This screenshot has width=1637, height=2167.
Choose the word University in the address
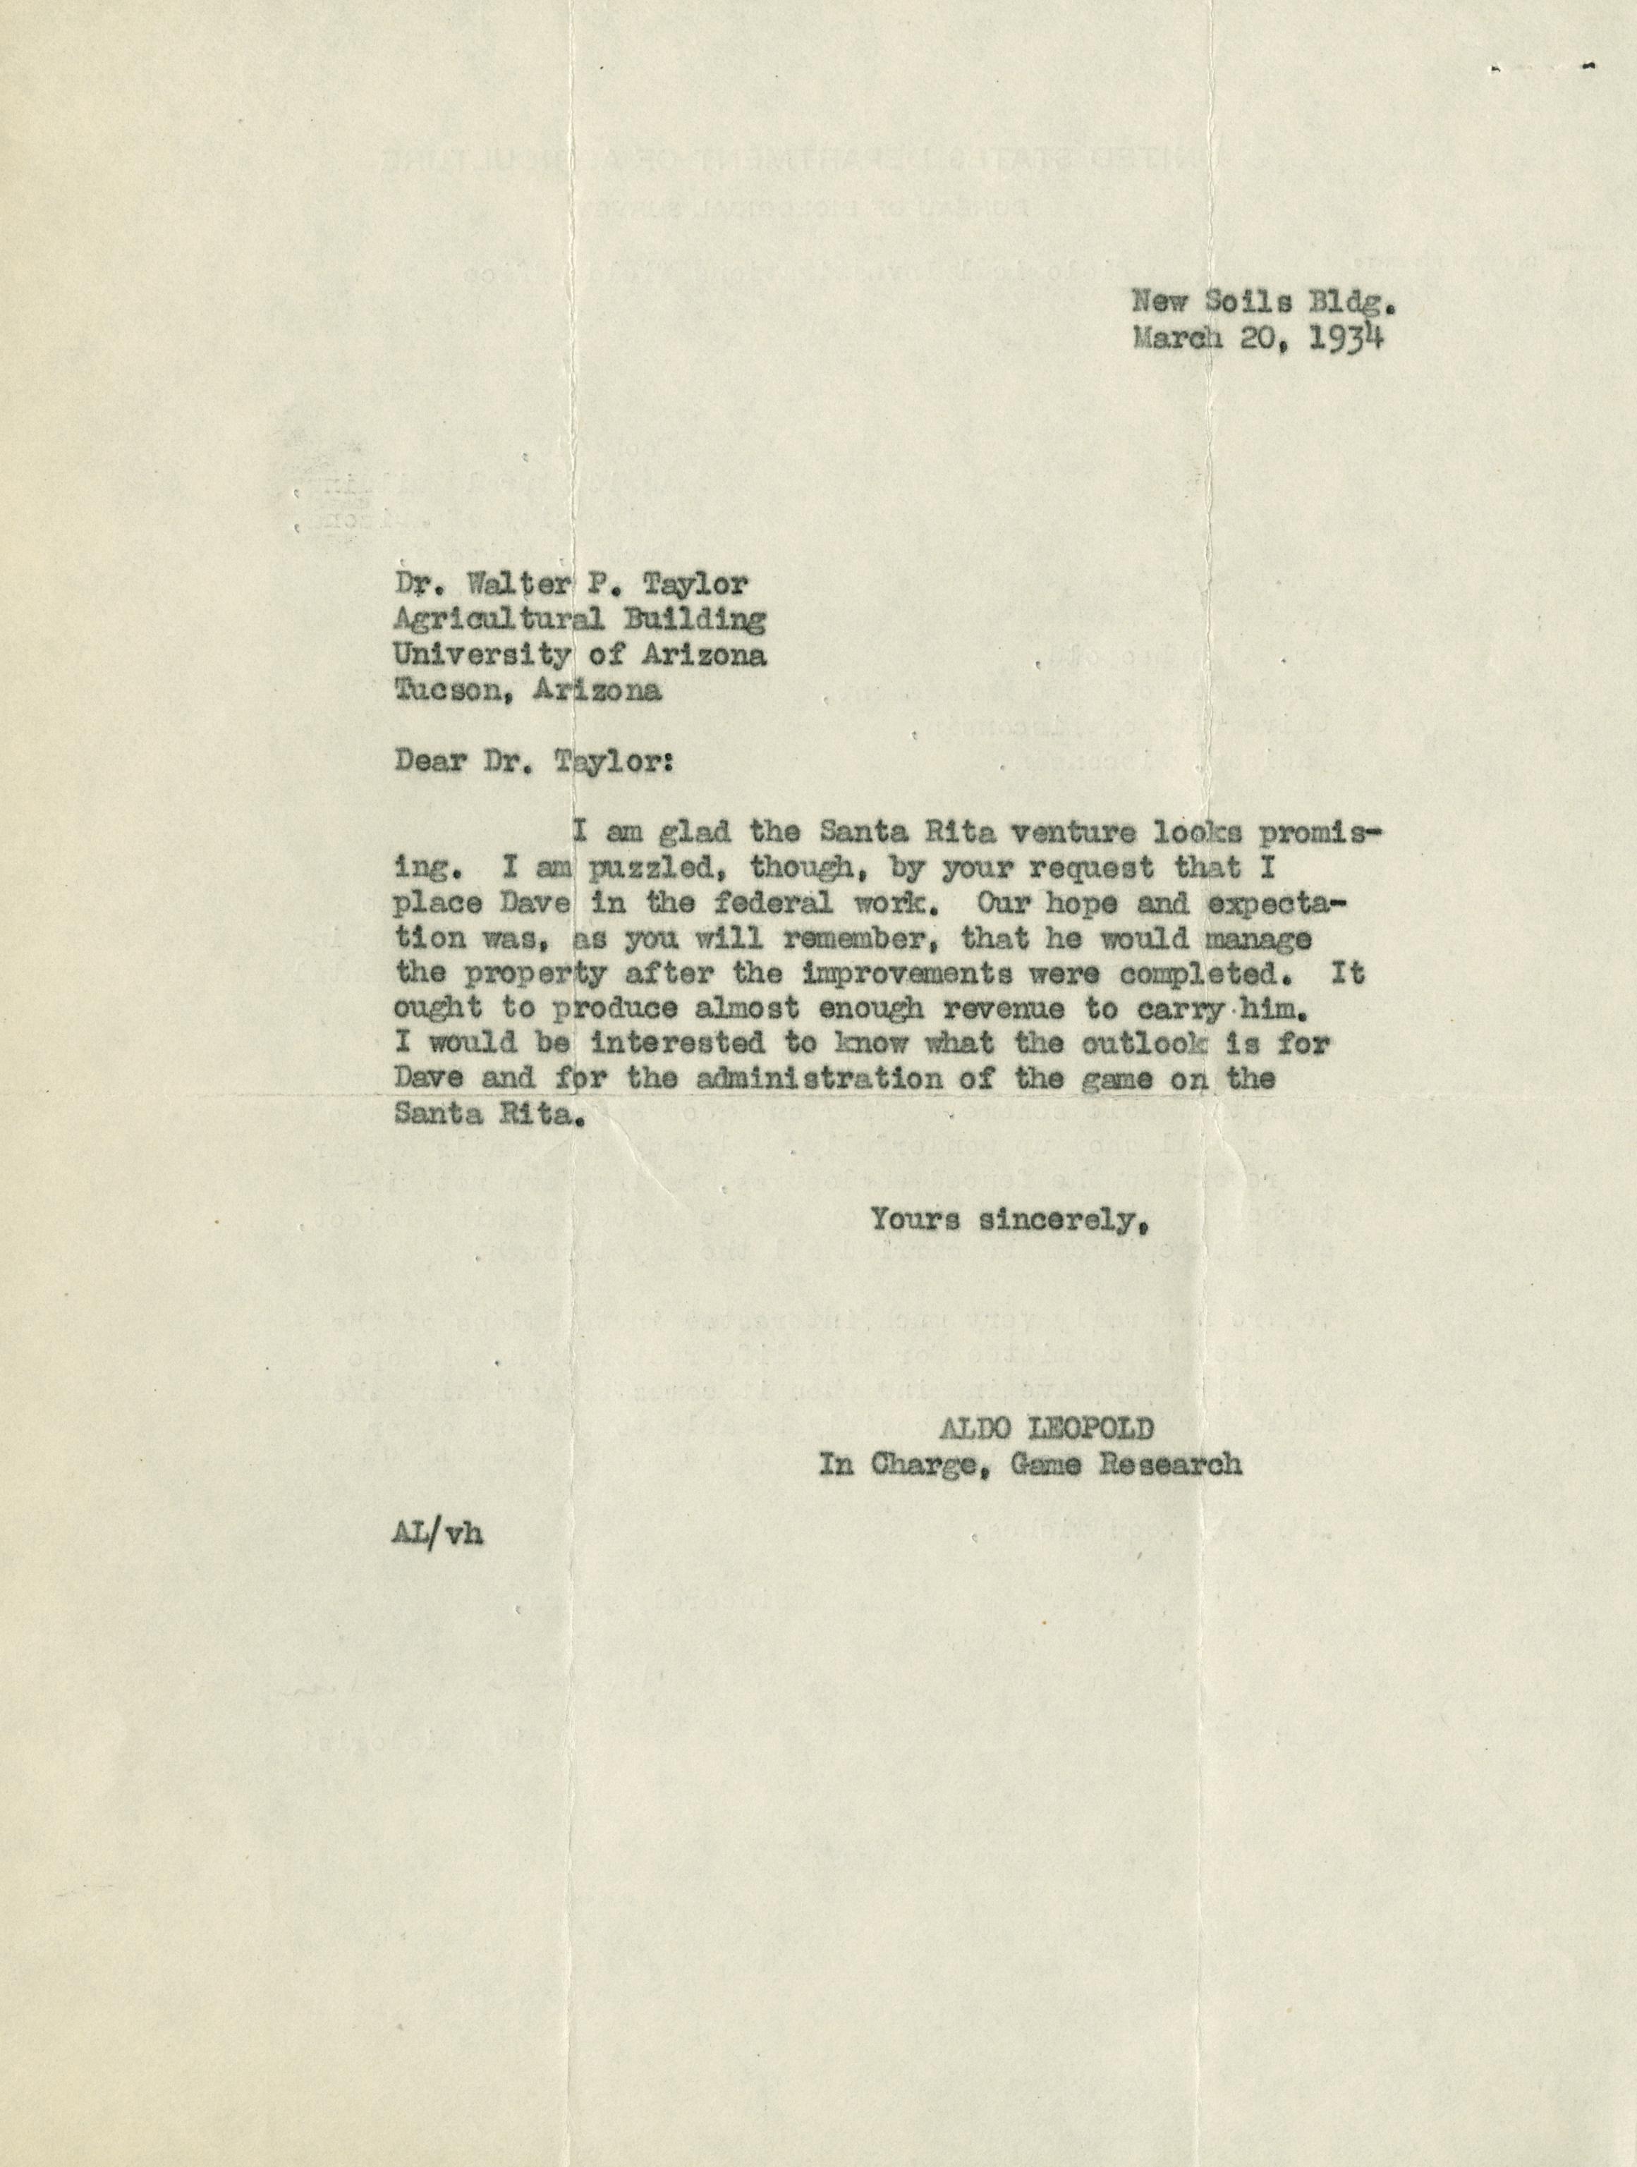[x=481, y=655]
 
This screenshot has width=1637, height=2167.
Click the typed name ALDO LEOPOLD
[x=1046, y=1429]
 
